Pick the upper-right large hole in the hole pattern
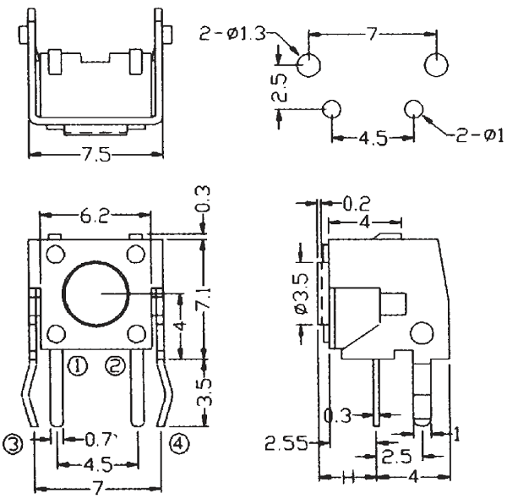coord(437,65)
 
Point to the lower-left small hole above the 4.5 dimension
coord(332,108)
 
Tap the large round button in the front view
coord(95,293)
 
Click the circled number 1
coord(78,365)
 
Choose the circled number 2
coord(116,365)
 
